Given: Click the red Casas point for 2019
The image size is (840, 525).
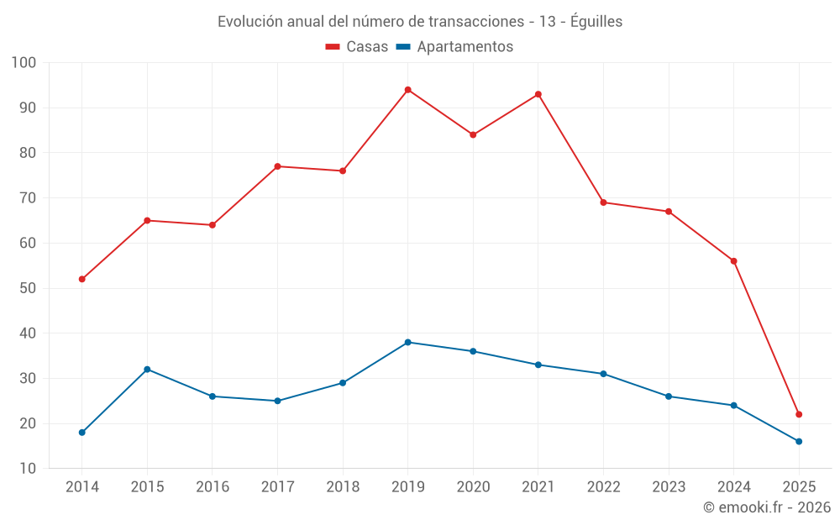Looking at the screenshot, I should pyautogui.click(x=407, y=90).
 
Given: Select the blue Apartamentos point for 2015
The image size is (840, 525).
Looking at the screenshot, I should pyautogui.click(x=147, y=370).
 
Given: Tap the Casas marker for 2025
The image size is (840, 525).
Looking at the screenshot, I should pyautogui.click(x=799, y=414).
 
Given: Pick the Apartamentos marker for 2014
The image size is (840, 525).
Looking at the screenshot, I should pyautogui.click(x=82, y=433).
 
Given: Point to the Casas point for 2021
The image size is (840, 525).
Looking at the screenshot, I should pyautogui.click(x=538, y=94).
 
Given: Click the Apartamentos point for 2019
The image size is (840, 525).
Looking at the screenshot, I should pyautogui.click(x=407, y=342).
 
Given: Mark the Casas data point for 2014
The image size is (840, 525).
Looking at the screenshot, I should pyautogui.click(x=82, y=279).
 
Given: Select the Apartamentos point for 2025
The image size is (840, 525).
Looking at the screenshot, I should pyautogui.click(x=799, y=441).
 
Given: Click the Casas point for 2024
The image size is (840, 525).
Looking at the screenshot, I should pyautogui.click(x=733, y=261).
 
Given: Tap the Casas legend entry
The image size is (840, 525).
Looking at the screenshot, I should pyautogui.click(x=357, y=47).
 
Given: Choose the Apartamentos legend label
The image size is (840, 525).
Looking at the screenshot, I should pyautogui.click(x=465, y=47).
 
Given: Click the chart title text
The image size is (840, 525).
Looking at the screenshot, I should pyautogui.click(x=420, y=22).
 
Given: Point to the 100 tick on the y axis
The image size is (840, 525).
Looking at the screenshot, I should pyautogui.click(x=24, y=63).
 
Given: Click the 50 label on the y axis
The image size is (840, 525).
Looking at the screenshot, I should pyautogui.click(x=28, y=288).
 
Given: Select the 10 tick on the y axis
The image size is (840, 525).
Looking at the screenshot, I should pyautogui.click(x=28, y=469).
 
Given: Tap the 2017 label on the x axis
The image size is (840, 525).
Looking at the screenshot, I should pyautogui.click(x=277, y=487).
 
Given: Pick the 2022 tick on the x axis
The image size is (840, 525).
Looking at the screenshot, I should pyautogui.click(x=603, y=487).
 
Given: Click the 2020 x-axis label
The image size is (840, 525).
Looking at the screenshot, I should pyautogui.click(x=473, y=487).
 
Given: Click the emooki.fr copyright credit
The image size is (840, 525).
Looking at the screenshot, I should pyautogui.click(x=766, y=507).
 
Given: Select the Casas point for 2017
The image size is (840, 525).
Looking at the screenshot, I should pyautogui.click(x=277, y=166).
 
